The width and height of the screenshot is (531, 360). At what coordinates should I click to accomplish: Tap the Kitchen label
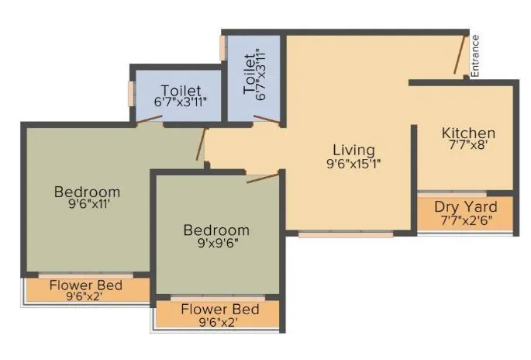pyautogui.click(x=468, y=133)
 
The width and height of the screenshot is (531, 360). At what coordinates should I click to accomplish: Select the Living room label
pyautogui.click(x=353, y=150)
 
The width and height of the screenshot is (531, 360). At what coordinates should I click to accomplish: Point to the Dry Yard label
pyautogui.click(x=466, y=207)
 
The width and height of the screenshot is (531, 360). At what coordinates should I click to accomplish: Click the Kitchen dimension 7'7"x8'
pyautogui.click(x=468, y=146)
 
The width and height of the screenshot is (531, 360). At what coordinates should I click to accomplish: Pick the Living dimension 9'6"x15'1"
pyautogui.click(x=353, y=163)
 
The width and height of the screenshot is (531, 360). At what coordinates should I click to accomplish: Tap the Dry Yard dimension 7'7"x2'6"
pyautogui.click(x=466, y=220)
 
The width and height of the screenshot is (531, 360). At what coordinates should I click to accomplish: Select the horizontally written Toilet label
pyautogui.click(x=181, y=90)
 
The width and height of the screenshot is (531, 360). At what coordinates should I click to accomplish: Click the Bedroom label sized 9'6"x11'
pyautogui.click(x=87, y=192)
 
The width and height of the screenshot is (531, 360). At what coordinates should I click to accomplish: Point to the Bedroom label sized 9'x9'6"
pyautogui.click(x=216, y=230)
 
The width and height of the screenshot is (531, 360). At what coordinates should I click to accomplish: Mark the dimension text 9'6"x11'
pyautogui.click(x=87, y=205)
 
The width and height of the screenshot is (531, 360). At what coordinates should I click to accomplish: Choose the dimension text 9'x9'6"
pyautogui.click(x=216, y=243)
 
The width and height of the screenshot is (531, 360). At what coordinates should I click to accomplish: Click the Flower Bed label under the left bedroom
pyautogui.click(x=87, y=284)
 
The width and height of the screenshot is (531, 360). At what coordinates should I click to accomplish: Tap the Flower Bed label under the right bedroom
pyautogui.click(x=219, y=309)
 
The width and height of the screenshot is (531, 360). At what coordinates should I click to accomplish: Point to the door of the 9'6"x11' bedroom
pyautogui.click(x=202, y=145)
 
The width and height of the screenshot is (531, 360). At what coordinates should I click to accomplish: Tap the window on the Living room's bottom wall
pyautogui.click(x=345, y=232)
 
